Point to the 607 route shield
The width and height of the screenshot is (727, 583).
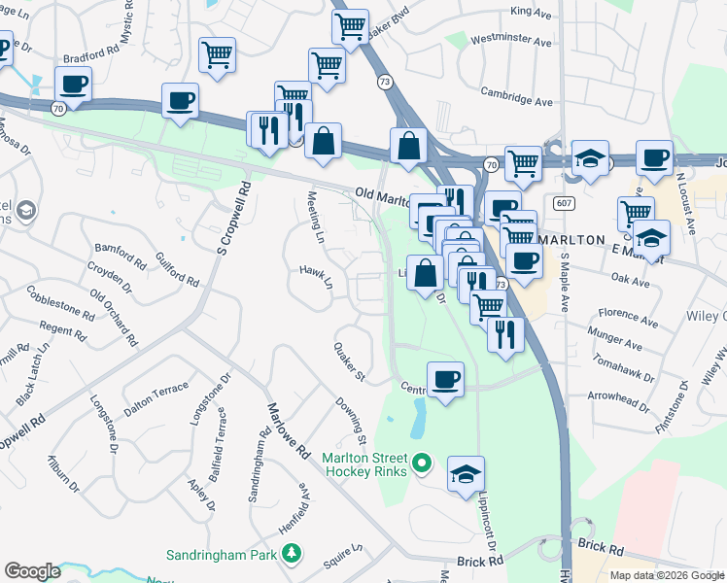click(x=564, y=203)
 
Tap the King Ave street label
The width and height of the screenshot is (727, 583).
click(x=531, y=11)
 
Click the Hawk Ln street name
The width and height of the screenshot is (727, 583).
click(x=316, y=277)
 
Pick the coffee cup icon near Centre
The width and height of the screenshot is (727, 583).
click(x=445, y=379)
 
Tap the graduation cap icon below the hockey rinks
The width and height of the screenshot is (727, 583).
click(x=467, y=474)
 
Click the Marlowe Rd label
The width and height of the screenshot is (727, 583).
click(x=289, y=431)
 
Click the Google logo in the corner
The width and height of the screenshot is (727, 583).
click(x=32, y=571)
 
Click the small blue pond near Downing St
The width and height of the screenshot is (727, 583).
click(x=419, y=420)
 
